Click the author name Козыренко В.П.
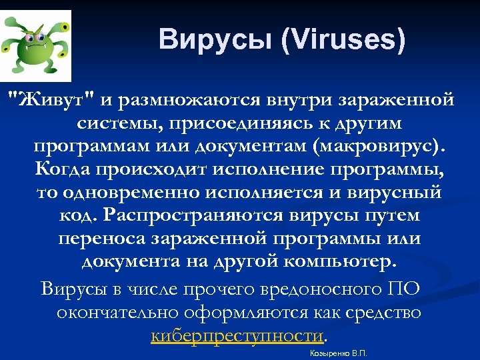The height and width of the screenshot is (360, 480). point(339,353)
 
